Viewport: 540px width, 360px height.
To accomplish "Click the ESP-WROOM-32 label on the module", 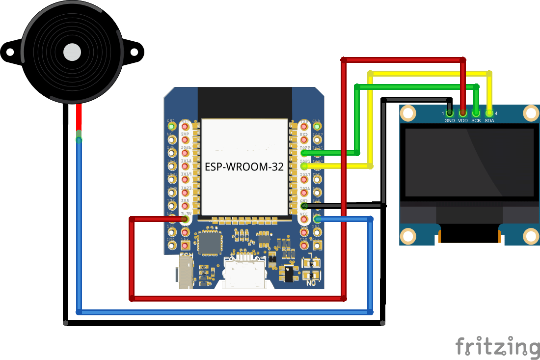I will point(244,167).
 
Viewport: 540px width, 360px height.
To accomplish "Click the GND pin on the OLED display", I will point(450,113).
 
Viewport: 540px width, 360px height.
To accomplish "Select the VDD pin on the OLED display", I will point(463,113).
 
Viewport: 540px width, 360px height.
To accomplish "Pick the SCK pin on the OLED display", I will point(476,113).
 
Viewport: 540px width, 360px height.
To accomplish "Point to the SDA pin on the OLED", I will point(489,113).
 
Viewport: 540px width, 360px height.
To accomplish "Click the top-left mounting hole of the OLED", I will point(408,114).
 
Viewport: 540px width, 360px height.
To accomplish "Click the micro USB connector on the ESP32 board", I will point(243,273).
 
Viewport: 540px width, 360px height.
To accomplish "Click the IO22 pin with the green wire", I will point(304,153).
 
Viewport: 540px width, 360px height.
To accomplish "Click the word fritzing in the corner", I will point(497,346).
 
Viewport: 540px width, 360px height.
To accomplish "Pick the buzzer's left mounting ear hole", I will point(9,52).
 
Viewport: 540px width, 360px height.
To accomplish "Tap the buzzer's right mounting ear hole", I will point(135,52).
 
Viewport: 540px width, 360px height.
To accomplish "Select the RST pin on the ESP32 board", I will point(185,126).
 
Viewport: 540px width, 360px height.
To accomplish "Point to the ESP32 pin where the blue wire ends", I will point(317,219).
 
